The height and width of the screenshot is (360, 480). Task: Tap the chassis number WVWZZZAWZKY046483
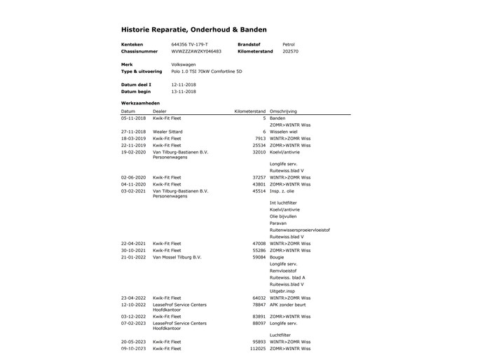(196, 51)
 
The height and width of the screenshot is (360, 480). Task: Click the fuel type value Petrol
(289, 43)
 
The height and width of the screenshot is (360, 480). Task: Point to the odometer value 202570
(290, 51)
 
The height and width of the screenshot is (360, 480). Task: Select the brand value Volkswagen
(184, 64)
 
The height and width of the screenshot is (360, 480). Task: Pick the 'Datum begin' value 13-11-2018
(184, 91)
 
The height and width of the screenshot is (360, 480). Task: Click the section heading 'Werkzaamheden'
(140, 103)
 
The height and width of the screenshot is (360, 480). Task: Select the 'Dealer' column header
(160, 111)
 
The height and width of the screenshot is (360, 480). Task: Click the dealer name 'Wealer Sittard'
(167, 131)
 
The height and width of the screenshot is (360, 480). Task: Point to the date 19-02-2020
(133, 151)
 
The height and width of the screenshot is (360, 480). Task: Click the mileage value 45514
(259, 191)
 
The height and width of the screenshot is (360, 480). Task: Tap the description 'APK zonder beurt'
(291, 305)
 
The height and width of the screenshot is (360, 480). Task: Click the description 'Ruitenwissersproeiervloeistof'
(299, 230)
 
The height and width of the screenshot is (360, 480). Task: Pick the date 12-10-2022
(133, 305)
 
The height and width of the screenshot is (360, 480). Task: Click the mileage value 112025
(257, 348)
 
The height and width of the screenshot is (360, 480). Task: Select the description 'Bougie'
(277, 257)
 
